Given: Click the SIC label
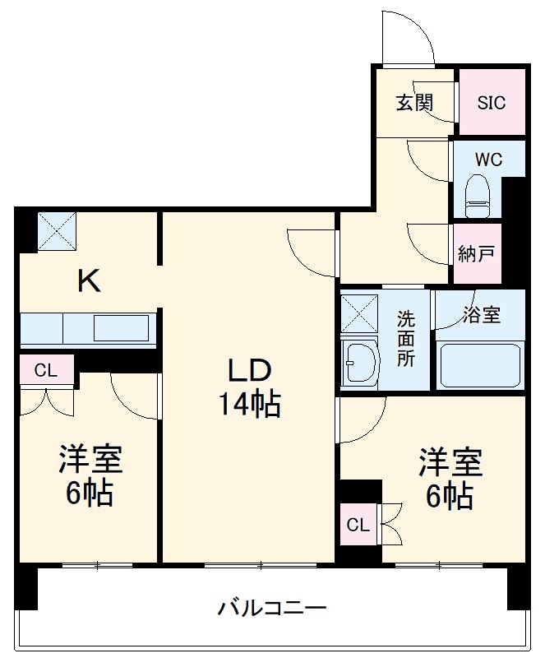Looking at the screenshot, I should pyautogui.click(x=492, y=103).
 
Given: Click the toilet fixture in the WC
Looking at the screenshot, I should pyautogui.click(x=477, y=194).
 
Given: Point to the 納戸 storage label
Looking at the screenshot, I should pyautogui.click(x=476, y=254).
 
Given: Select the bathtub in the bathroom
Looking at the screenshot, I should pyautogui.click(x=480, y=364).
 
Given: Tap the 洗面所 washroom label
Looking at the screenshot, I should pyautogui.click(x=406, y=338).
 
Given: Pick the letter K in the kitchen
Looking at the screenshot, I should pyautogui.click(x=89, y=282).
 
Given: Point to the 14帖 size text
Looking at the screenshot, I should pyautogui.click(x=249, y=405).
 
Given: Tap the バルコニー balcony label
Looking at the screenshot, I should pyautogui.click(x=272, y=609).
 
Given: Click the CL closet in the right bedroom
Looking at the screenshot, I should pyautogui.click(x=358, y=525).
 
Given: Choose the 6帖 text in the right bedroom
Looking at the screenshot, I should pyautogui.click(x=449, y=496).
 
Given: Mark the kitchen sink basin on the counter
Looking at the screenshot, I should pyautogui.click(x=121, y=327).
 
